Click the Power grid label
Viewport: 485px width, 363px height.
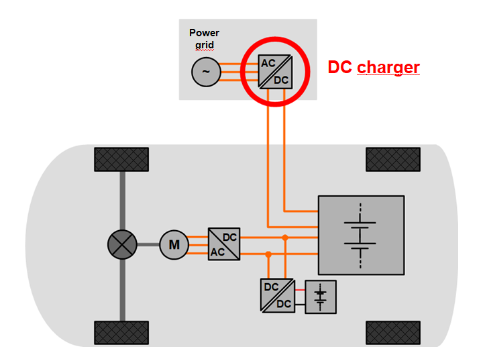point(204,38)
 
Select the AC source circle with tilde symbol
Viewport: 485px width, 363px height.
point(205,72)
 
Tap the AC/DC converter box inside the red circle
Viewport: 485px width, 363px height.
point(275,71)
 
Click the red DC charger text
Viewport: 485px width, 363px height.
point(373,67)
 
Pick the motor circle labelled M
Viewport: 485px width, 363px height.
point(174,245)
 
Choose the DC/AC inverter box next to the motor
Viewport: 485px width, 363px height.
point(224,245)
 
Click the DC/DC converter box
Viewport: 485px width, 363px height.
point(276,295)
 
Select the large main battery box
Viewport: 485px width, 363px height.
point(361,235)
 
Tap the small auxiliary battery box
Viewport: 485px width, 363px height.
point(321,297)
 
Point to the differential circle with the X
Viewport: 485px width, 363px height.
point(123,245)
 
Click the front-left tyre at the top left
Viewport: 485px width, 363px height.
point(121,159)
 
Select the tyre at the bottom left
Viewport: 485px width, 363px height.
point(121,332)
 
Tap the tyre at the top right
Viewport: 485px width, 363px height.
point(393,159)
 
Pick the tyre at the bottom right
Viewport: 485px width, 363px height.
point(393,332)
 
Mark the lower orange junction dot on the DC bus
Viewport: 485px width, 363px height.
point(268,254)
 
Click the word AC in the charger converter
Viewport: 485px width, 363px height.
point(268,63)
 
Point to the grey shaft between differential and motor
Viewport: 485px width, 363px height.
point(148,245)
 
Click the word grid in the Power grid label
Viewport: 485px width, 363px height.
point(204,44)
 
